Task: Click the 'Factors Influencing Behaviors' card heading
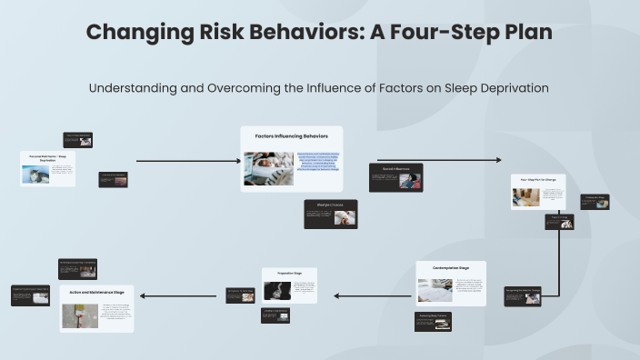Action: (x=291, y=135)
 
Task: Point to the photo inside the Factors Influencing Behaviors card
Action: (x=268, y=168)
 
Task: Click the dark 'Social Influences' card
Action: (x=395, y=177)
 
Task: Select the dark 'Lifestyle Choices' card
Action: (x=330, y=214)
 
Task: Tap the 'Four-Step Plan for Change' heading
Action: (x=538, y=180)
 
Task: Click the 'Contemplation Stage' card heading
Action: (x=450, y=269)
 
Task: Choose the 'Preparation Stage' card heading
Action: (x=289, y=273)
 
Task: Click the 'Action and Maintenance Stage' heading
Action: (x=96, y=292)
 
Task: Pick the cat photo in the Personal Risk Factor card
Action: (x=35, y=175)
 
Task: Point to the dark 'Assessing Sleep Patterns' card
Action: (x=433, y=321)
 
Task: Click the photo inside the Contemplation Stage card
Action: (x=435, y=290)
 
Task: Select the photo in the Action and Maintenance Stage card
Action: (x=80, y=315)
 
